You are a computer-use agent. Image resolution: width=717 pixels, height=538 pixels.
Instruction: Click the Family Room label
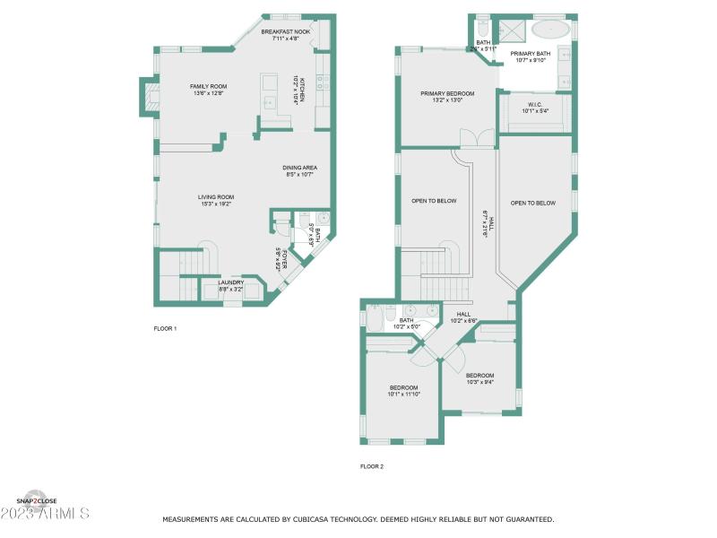207,85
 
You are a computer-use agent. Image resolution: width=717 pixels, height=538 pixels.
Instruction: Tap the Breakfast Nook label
285,31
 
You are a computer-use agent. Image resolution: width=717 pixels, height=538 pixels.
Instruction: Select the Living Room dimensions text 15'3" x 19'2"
216,204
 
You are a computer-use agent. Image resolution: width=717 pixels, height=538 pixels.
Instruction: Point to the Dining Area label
300,167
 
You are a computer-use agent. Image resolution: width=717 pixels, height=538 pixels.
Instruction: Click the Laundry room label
230,282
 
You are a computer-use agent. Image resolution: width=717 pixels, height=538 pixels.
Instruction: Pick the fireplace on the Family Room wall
147,98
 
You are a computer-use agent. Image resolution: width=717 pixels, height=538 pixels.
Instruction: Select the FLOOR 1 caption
165,329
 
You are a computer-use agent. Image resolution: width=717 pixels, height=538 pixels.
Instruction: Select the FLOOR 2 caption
371,466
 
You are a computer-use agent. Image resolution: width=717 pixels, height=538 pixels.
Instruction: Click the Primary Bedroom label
447,93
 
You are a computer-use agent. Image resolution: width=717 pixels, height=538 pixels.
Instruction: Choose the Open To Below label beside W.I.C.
533,203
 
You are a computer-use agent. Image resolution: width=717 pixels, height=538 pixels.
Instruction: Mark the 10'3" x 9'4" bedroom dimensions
479,383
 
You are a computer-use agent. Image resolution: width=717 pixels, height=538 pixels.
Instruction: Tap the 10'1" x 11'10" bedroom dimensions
403,394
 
